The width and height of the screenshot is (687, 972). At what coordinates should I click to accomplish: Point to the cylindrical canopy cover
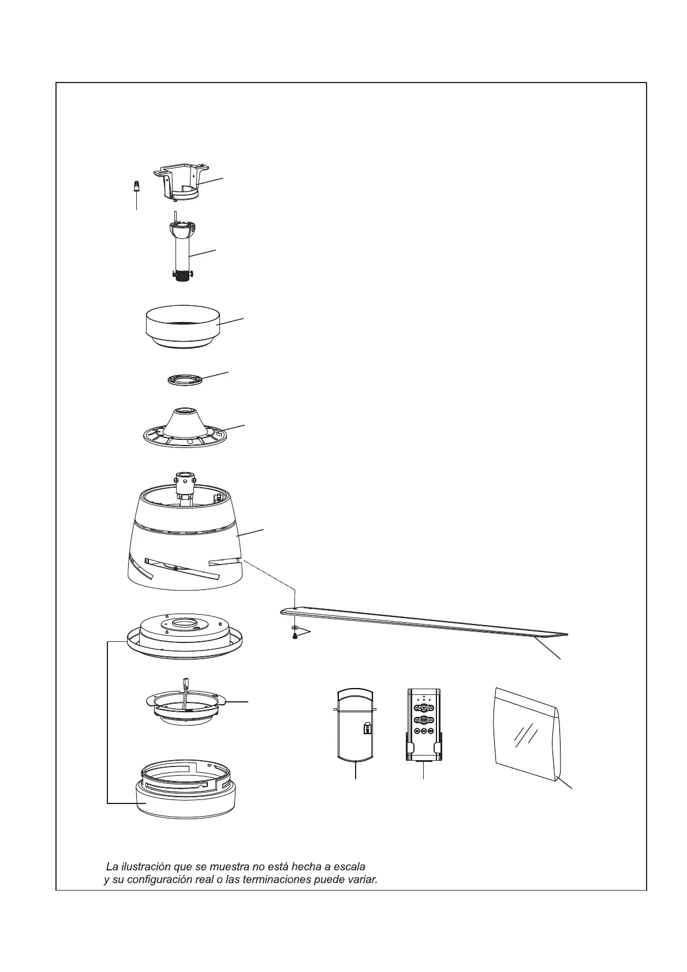182,327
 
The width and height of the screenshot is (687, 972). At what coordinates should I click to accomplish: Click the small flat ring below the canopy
185,380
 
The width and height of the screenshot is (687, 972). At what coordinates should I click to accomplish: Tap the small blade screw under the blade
295,635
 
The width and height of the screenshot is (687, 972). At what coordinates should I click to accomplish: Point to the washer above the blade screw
295,626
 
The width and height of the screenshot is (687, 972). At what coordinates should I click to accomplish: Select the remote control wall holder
355,725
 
